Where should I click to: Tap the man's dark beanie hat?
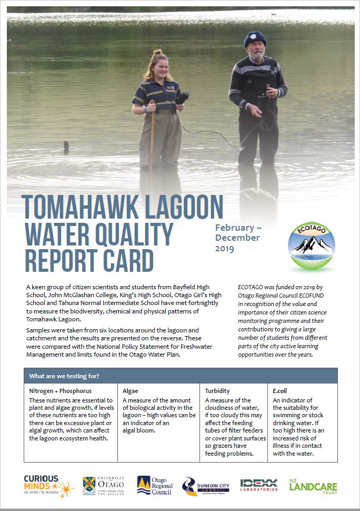coord(255,38)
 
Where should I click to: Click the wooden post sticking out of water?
coord(66,147)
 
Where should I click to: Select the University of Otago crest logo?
coord(103,486)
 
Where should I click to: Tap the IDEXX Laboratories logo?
coord(259,485)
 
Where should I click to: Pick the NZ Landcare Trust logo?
coord(313,486)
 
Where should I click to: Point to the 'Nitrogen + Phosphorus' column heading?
coord(60,391)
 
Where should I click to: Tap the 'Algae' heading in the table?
coord(131,391)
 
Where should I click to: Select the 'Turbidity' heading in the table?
coord(218,391)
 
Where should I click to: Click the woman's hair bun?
coord(157,53)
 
